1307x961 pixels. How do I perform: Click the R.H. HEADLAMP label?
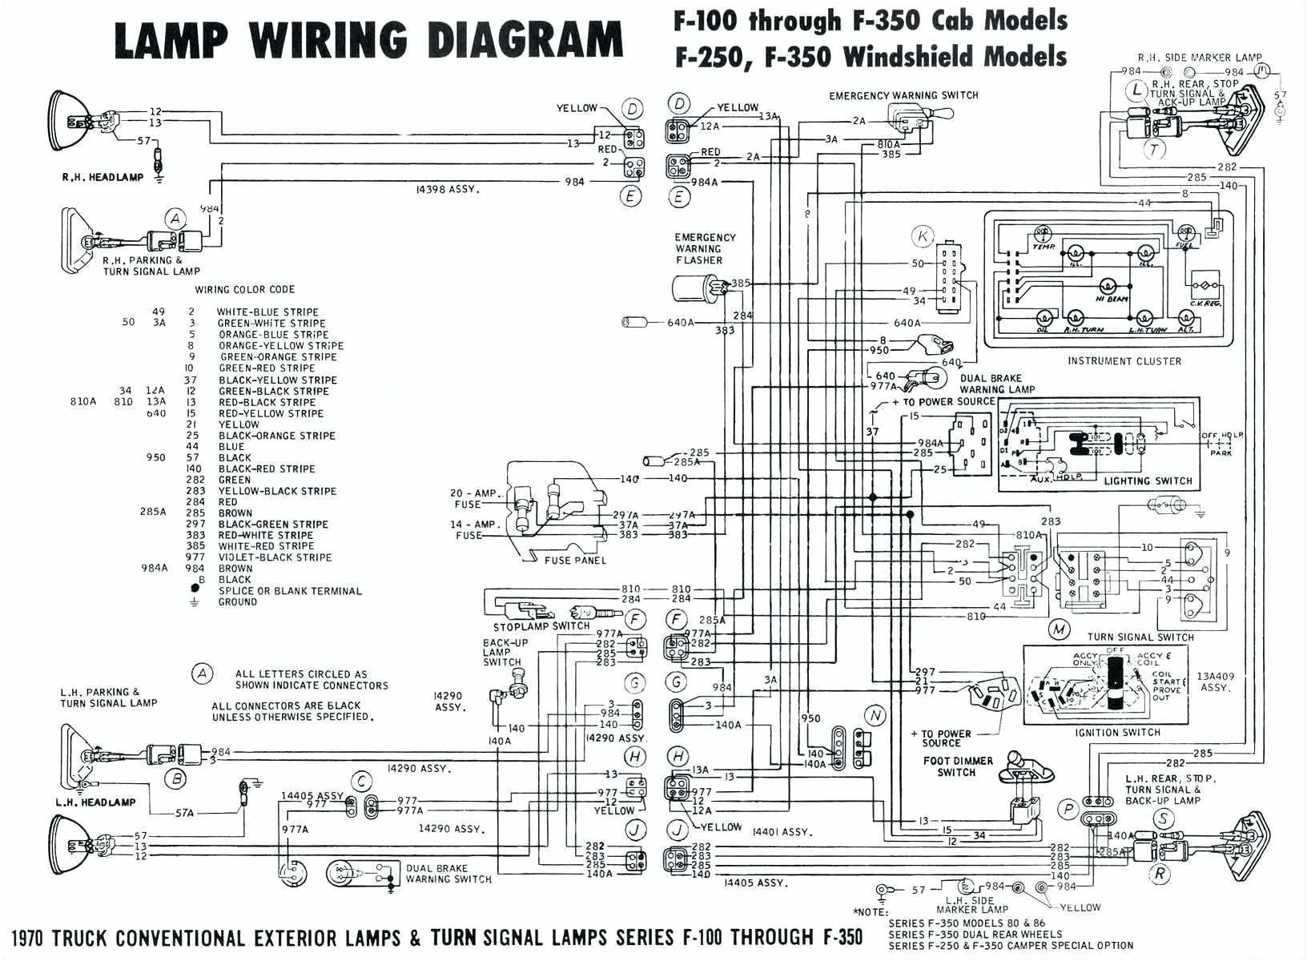click(103, 177)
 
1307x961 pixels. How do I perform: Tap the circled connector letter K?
click(923, 236)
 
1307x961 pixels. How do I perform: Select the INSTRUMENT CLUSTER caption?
click(1124, 361)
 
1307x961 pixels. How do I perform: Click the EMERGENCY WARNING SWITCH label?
click(903, 95)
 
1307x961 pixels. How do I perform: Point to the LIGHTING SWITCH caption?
click(1148, 481)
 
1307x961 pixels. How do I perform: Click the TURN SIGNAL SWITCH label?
click(1141, 637)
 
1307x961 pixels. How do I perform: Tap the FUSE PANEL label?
click(574, 560)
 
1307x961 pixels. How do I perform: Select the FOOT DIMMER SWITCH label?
click(958, 766)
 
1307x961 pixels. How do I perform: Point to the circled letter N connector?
click(875, 715)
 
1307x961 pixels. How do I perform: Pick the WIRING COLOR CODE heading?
click(245, 289)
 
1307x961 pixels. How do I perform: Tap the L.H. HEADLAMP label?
click(95, 802)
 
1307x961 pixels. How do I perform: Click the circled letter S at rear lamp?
click(1163, 818)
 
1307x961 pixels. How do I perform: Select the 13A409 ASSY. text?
click(1215, 682)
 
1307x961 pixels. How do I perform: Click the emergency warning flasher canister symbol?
click(693, 291)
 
